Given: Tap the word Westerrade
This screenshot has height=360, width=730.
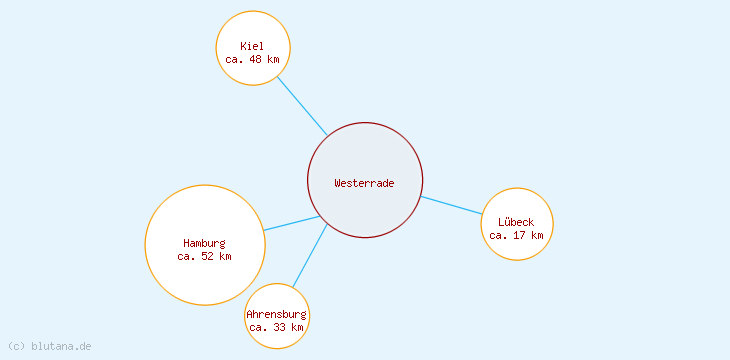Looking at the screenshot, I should (x=365, y=183).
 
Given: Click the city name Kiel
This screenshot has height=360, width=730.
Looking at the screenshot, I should (x=253, y=46).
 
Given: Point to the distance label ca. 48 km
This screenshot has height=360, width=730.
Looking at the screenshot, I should (x=253, y=60).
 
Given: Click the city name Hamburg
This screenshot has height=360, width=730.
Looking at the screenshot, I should (x=205, y=243).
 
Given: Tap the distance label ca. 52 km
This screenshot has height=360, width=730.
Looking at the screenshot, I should (x=205, y=257).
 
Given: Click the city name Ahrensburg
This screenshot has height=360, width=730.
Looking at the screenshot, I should (x=277, y=314).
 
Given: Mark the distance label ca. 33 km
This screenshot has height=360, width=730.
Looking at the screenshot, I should (x=277, y=327).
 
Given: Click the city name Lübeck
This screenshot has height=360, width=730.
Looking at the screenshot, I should (x=517, y=222).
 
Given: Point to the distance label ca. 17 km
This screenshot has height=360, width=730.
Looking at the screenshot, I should (x=517, y=236).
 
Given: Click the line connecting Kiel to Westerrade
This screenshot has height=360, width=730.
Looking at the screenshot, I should (x=302, y=105).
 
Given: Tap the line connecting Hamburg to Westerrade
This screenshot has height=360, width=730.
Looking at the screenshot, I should (x=292, y=223).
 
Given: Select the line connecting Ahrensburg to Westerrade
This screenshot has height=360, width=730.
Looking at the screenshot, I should (x=310, y=255).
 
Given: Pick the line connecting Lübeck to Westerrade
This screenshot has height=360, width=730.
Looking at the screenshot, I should (x=452, y=205).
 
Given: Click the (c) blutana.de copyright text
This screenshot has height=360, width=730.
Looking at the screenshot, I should (x=50, y=346).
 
